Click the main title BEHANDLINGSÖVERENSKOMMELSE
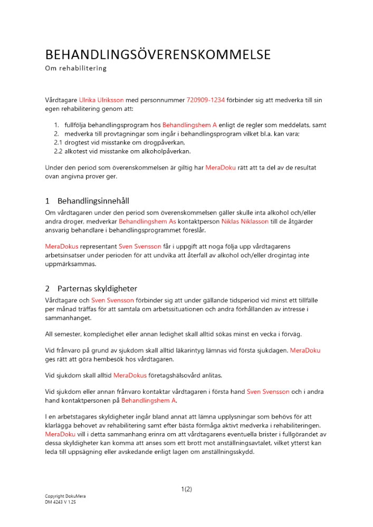pos(158,55)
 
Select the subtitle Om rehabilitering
pos(75,69)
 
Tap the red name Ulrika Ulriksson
pos(102,100)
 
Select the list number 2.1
pos(59,142)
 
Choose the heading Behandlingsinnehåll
pos(93,201)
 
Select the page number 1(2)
pos(186,489)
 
